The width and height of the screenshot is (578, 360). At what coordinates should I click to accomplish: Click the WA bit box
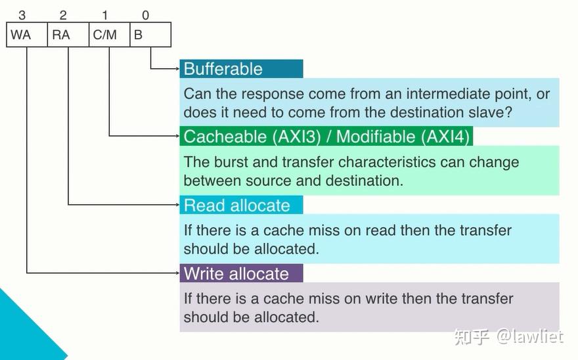[x=27, y=35]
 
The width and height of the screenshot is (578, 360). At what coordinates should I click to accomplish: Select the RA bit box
[x=68, y=35]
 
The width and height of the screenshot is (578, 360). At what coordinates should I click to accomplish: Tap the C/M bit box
[x=110, y=35]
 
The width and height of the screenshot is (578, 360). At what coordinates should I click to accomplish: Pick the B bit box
[x=150, y=35]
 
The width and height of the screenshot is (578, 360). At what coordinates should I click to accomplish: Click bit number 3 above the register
[x=22, y=15]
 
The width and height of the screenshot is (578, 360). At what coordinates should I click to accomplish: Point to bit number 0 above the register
[x=146, y=15]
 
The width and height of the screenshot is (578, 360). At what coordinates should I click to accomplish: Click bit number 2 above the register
[x=63, y=15]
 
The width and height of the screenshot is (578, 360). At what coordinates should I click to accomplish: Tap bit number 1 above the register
[x=104, y=15]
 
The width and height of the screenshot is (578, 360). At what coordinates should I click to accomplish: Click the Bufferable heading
[x=223, y=69]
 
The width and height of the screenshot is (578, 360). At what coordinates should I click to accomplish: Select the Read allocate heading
[x=236, y=206]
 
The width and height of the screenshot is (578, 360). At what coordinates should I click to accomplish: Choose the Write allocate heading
[x=236, y=274]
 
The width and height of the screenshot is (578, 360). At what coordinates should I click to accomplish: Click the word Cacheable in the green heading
[x=225, y=137]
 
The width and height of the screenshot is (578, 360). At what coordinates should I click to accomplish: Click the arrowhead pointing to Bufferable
[x=177, y=68]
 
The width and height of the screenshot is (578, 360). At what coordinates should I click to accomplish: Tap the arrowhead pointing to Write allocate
[x=177, y=273]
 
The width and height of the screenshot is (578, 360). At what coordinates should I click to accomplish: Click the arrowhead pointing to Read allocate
[x=177, y=205]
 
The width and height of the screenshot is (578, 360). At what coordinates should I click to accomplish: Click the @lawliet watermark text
[x=529, y=336]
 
